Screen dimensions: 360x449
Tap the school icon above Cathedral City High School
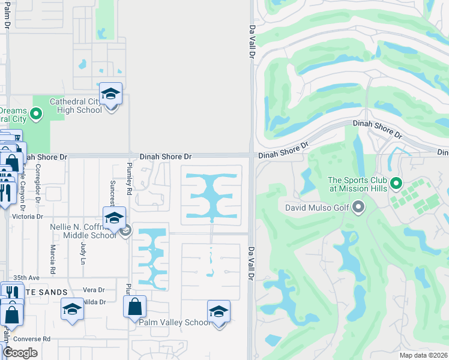click(110, 95)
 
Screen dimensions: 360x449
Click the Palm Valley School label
click(173, 322)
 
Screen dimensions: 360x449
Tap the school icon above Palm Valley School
click(218, 312)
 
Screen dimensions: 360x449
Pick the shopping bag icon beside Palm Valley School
click(134, 307)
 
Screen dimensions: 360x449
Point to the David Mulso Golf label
click(319, 208)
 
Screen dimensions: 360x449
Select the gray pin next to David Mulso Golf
click(360, 208)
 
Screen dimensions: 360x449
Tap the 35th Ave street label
click(26, 278)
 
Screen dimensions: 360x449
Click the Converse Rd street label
click(32, 338)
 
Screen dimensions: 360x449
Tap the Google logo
click(20, 353)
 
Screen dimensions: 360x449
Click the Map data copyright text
click(422, 355)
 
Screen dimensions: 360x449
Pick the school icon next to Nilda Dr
click(72, 310)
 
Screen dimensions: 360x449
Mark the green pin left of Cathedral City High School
click(35, 113)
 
